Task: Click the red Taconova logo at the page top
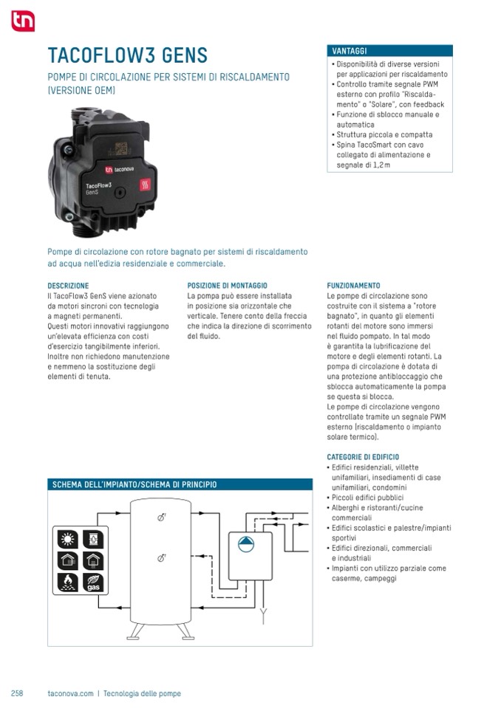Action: click(x=22, y=22)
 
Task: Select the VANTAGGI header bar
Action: click(x=389, y=51)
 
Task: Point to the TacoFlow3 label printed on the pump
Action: click(x=98, y=185)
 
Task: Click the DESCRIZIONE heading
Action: click(x=68, y=285)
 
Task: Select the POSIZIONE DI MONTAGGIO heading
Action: click(x=227, y=285)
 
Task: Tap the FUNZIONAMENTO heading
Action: click(x=353, y=285)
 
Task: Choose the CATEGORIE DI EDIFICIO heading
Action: click(x=363, y=457)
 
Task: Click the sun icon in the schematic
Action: click(x=67, y=539)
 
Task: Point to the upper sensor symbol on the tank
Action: click(x=161, y=518)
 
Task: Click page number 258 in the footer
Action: click(x=17, y=693)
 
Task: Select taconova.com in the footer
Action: click(x=69, y=693)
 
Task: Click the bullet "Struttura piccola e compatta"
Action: click(x=384, y=135)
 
